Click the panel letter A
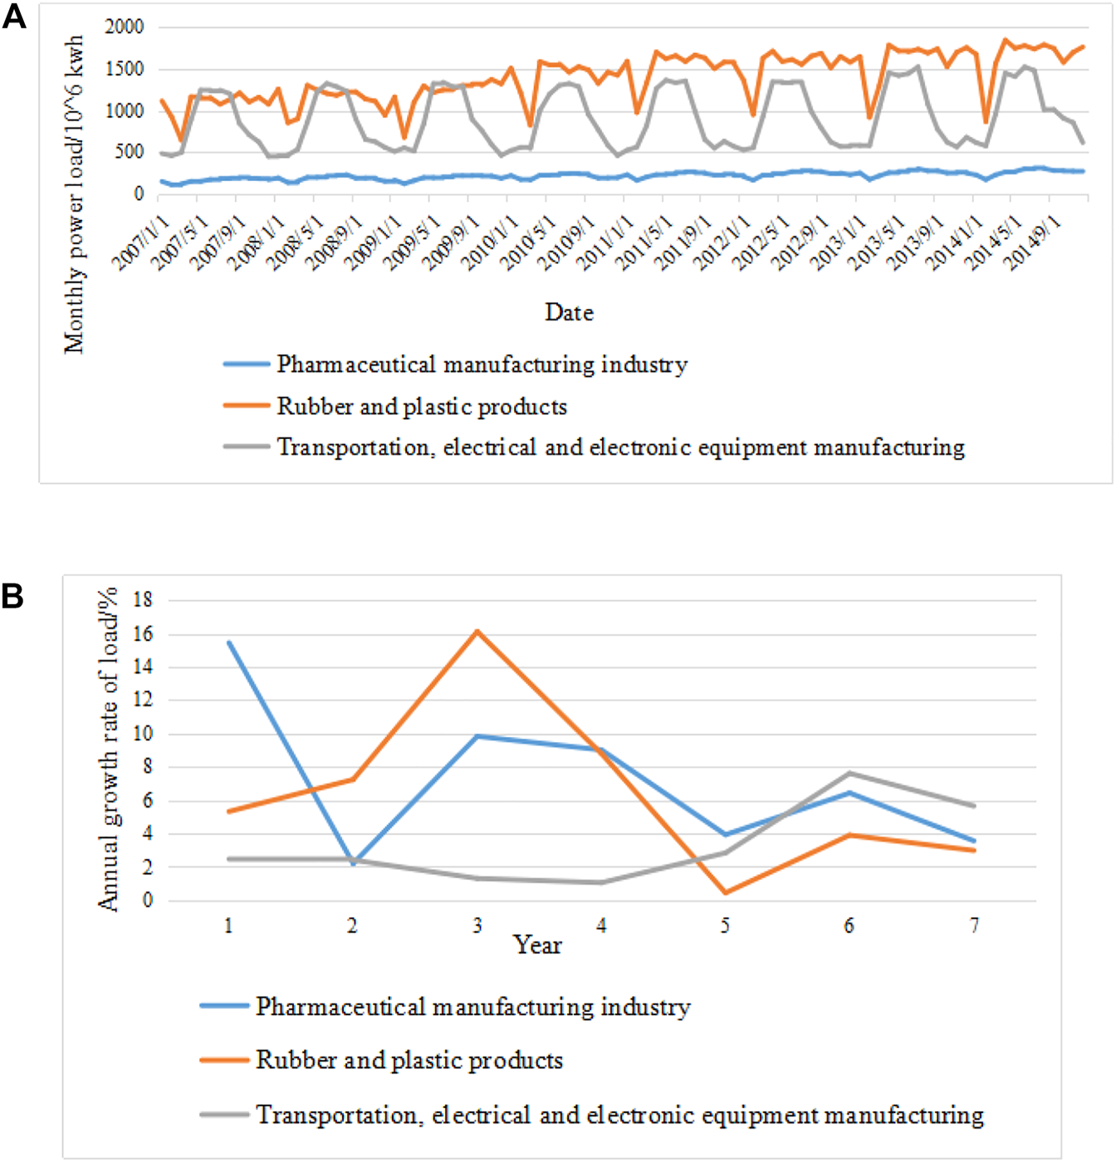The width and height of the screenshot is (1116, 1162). coord(14,17)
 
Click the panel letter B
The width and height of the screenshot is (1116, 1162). coord(12,595)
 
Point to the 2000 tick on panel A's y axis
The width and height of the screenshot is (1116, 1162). coord(125,27)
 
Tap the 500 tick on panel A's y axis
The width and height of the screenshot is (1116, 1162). coord(129,152)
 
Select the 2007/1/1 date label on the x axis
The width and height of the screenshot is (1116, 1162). coord(141,242)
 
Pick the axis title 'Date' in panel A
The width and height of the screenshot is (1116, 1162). coord(569,313)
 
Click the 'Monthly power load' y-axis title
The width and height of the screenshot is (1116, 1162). coord(75,195)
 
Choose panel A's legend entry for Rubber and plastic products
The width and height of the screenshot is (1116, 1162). coord(422,407)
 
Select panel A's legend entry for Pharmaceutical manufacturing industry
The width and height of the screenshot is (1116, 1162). coord(482,365)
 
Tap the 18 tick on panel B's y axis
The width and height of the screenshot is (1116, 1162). coord(143,599)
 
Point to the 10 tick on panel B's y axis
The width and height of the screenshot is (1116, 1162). coord(143,734)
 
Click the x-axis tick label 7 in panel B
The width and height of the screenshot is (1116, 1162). coord(974,925)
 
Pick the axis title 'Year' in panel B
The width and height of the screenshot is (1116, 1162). coord(537,945)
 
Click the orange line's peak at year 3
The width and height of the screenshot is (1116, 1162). coord(477,632)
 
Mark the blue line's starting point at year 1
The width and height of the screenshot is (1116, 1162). coord(228,642)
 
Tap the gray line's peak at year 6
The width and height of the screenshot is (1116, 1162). coord(849,773)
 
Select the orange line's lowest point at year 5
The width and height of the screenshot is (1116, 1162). coord(726,893)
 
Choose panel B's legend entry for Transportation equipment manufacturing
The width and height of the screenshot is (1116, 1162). coord(619,1115)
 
